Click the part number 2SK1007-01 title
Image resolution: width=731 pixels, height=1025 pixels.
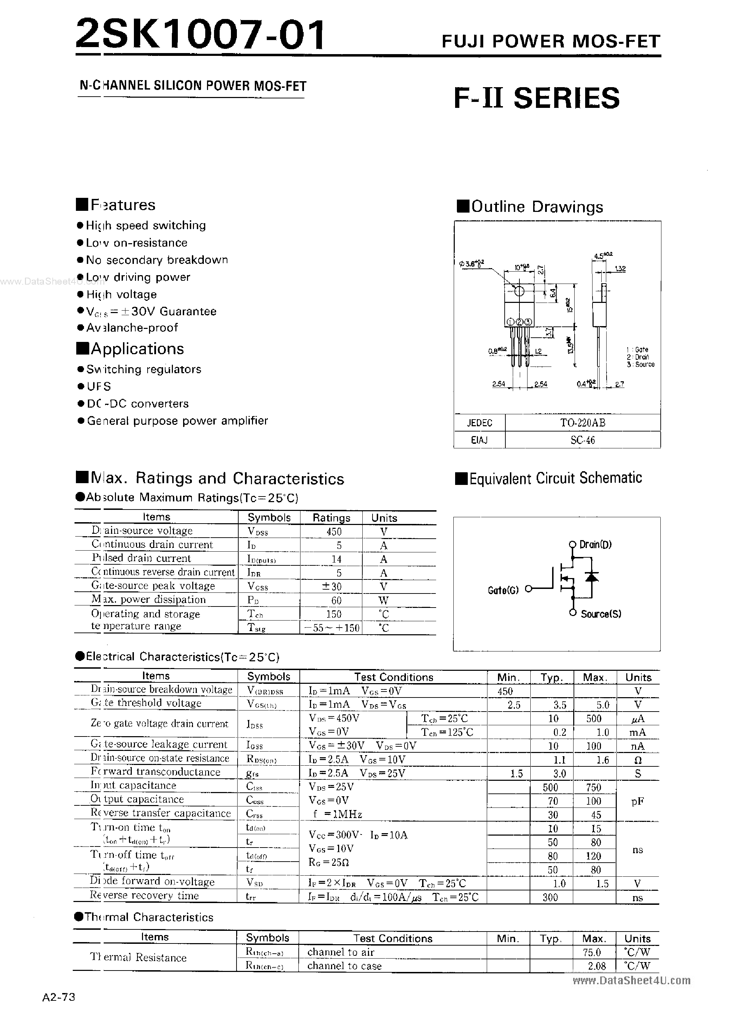[200, 35]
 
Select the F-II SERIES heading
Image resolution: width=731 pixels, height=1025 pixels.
[537, 98]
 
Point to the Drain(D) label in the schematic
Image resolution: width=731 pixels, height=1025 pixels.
[595, 544]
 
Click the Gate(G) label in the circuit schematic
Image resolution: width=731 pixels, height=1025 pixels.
[503, 590]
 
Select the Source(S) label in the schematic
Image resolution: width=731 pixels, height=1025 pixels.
[601, 614]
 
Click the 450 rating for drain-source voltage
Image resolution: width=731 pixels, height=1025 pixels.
[334, 531]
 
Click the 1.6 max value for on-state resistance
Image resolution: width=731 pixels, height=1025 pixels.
[602, 760]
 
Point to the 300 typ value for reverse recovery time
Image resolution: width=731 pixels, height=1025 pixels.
[550, 897]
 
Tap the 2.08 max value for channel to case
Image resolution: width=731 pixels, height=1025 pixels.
[597, 966]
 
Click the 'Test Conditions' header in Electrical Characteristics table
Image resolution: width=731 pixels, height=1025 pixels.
[393, 677]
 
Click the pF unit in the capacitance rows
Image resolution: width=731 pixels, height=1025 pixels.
[638, 801]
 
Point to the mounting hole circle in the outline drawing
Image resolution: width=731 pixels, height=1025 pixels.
[519, 291]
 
